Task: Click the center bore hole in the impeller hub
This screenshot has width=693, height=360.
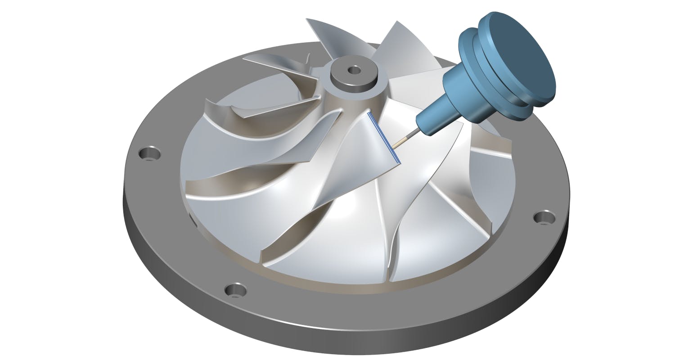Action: pyautogui.click(x=355, y=70)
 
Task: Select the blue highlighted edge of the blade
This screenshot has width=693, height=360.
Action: pyautogui.click(x=383, y=137)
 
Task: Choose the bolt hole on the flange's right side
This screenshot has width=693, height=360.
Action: pyautogui.click(x=544, y=217)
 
